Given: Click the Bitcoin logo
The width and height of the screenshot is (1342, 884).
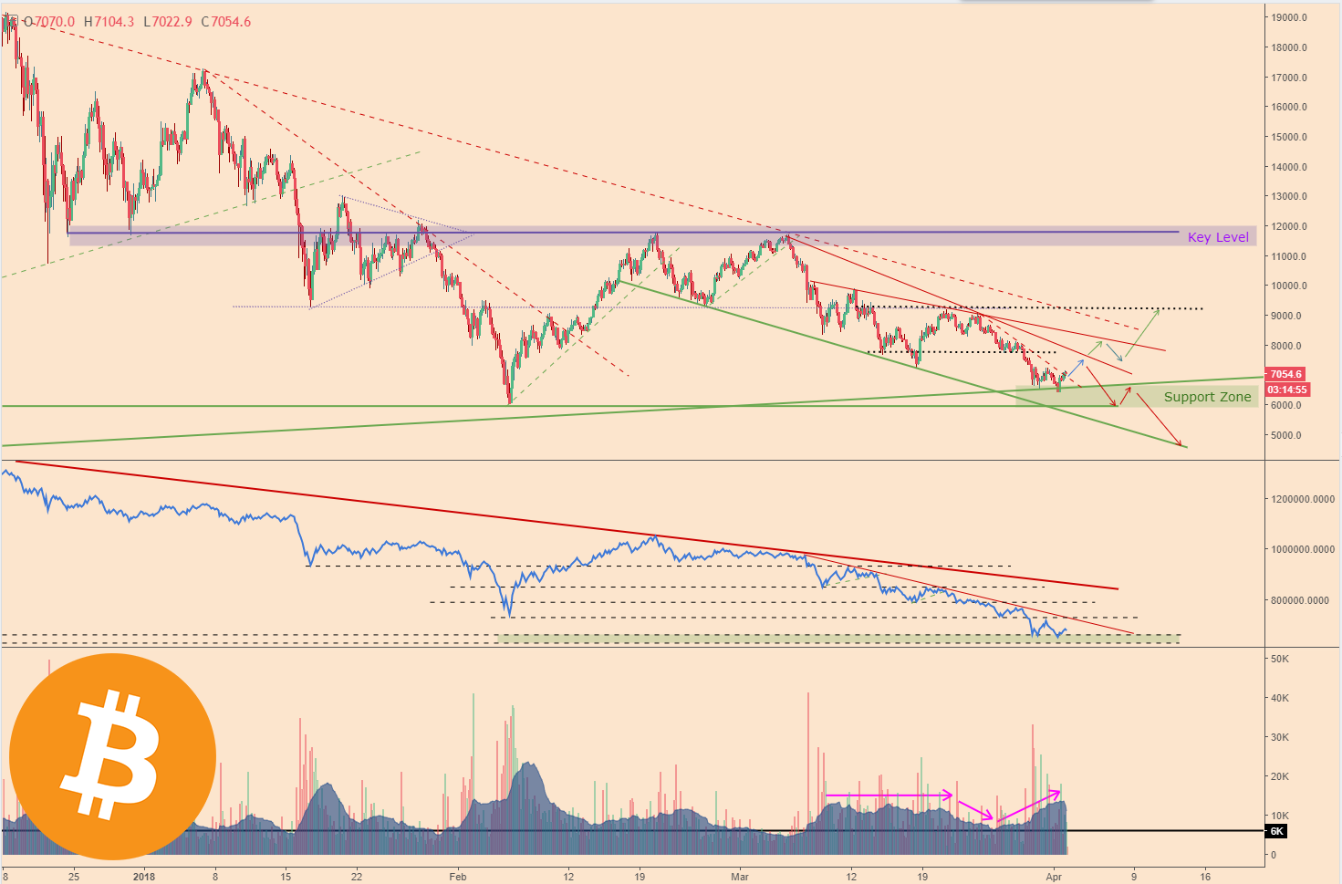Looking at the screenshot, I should [112, 756].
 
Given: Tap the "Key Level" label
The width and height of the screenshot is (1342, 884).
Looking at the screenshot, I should [1218, 237].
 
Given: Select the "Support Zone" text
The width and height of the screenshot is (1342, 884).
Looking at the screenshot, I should [1207, 397].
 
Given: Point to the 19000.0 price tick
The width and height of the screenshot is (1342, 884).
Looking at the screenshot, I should [1289, 17].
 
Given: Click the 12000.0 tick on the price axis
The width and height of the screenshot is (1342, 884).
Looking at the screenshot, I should [1289, 226].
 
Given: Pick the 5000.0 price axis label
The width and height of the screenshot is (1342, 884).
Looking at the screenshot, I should [1286, 435].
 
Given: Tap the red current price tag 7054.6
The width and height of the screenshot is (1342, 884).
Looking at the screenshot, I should [1285, 374].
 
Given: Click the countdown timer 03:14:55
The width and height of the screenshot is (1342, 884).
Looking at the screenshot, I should [1286, 390].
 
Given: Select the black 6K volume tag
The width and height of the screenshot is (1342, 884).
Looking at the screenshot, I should [1276, 831].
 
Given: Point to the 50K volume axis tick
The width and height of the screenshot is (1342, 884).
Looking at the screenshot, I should [1279, 659].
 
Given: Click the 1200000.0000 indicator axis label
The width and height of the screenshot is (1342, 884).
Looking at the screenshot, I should [1302, 499].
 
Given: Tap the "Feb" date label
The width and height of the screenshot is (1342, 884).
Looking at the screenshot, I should [457, 877].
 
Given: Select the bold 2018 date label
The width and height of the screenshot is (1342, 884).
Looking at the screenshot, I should [144, 877].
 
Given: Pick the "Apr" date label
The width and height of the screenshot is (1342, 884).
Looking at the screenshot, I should [1054, 877].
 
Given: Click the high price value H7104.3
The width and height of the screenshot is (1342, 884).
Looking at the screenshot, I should [108, 22].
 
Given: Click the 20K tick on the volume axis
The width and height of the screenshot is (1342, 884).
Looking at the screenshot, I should [1279, 776].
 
